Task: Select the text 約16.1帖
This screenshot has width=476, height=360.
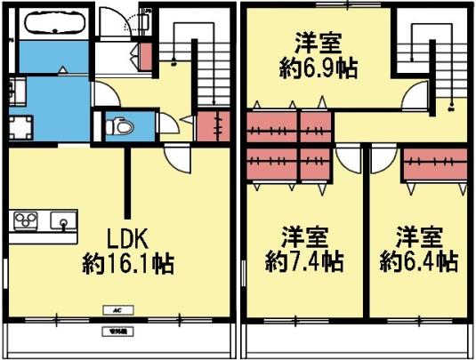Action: [128, 263]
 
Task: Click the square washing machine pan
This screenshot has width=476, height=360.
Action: [20, 127]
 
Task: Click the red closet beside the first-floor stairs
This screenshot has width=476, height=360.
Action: [210, 125]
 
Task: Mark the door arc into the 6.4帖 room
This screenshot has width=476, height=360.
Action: [381, 158]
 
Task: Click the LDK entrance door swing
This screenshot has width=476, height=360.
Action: [177, 159]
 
